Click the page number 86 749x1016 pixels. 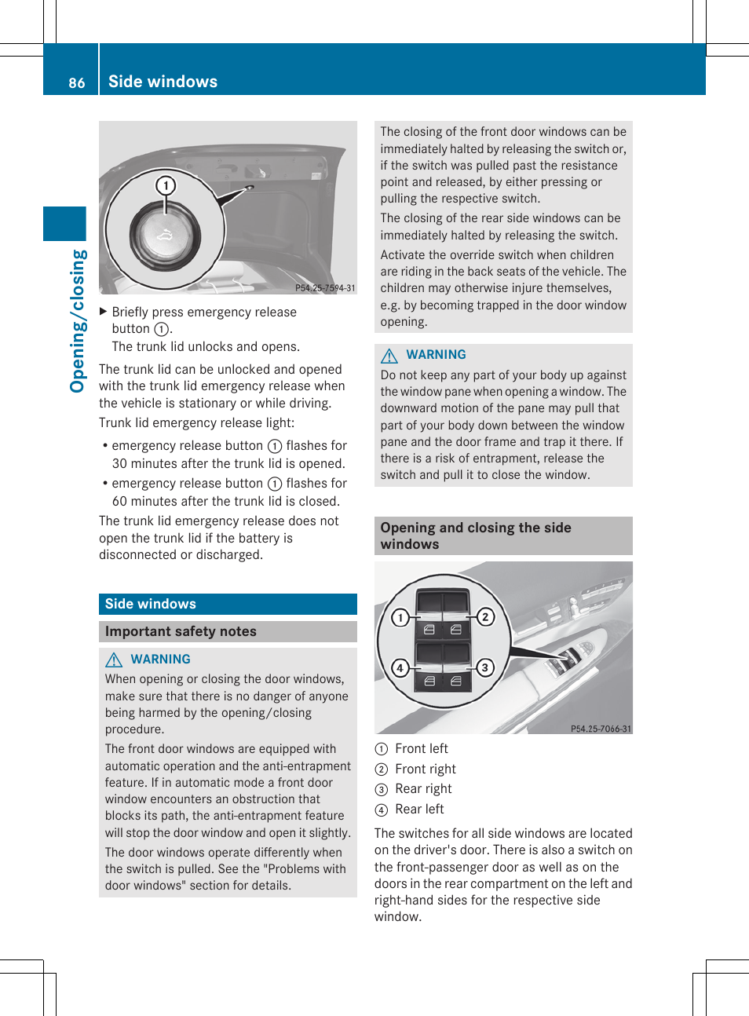(x=76, y=82)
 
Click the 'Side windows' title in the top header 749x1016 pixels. (x=163, y=82)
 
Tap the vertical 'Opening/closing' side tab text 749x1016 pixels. (x=77, y=320)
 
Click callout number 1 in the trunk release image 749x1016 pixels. (x=166, y=185)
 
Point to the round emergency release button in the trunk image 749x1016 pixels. (x=165, y=235)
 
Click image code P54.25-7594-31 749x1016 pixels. (x=325, y=288)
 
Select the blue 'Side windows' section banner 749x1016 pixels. (x=228, y=604)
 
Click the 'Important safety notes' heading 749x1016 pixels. (x=181, y=631)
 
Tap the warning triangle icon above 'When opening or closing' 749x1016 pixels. (x=115, y=660)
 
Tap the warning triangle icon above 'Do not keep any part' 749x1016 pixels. (x=389, y=355)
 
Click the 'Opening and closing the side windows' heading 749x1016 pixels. (x=476, y=535)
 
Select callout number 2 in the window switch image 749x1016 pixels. (x=485, y=617)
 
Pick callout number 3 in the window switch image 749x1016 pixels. (x=485, y=667)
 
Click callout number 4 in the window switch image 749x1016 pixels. (x=400, y=667)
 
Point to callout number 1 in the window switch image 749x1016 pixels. (x=400, y=617)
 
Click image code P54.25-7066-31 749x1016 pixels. (x=601, y=729)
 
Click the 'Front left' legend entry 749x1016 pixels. (x=421, y=748)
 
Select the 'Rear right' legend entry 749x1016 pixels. (x=423, y=788)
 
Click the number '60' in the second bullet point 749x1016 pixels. (x=120, y=501)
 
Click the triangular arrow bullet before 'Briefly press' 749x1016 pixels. (x=103, y=312)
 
